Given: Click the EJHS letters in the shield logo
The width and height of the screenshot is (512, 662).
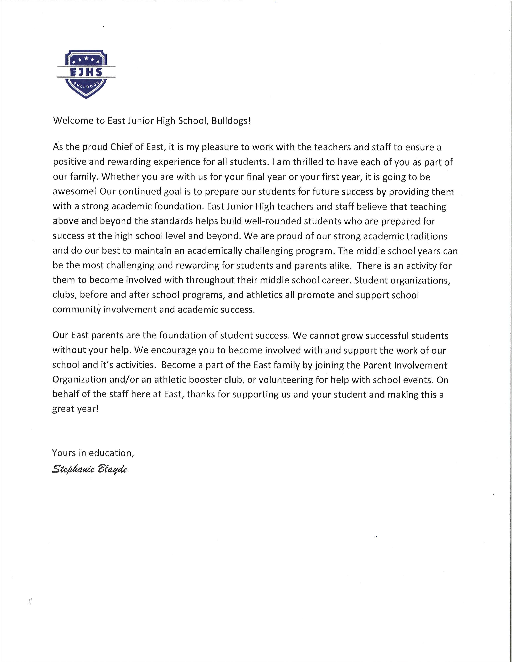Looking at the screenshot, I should click(86, 72).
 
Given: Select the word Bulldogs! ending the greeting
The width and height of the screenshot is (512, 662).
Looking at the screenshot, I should click(231, 121).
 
